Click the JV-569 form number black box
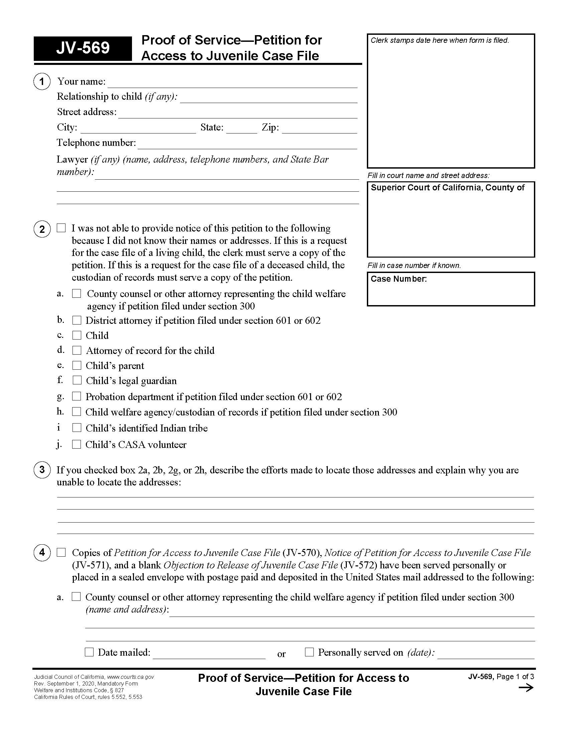[x=83, y=48]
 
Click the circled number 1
[x=42, y=82]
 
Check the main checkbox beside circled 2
[x=61, y=228]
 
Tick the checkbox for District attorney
[x=77, y=320]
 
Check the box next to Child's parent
[x=77, y=365]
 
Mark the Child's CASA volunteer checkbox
[x=77, y=444]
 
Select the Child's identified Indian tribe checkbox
[x=77, y=428]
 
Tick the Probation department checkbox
[x=77, y=396]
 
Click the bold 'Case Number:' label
[x=398, y=279]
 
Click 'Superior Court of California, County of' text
[x=447, y=188]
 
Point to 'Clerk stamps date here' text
[x=439, y=40]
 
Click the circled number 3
[x=42, y=470]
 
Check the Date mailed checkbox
[x=89, y=652]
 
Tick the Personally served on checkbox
[x=309, y=652]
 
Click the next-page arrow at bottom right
[x=526, y=688]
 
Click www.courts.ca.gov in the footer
[x=130, y=677]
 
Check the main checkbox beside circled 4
[x=61, y=552]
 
